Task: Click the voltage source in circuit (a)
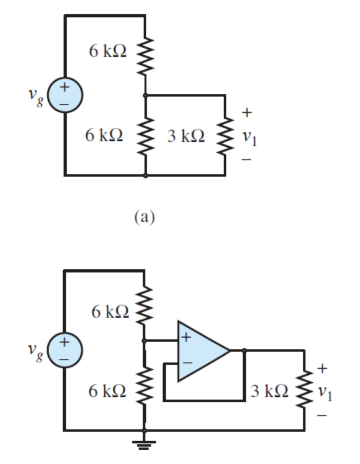pyautogui.click(x=65, y=95)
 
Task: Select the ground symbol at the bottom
pyautogui.click(x=144, y=444)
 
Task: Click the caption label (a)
pyautogui.click(x=144, y=217)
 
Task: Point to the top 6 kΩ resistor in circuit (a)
pyautogui.click(x=145, y=56)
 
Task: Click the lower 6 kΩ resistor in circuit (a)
pyautogui.click(x=145, y=135)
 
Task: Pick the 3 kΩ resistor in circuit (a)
pyautogui.click(x=225, y=135)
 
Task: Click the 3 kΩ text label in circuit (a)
pyautogui.click(x=186, y=136)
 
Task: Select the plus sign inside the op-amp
pyautogui.click(x=186, y=337)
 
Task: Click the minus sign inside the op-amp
pyautogui.click(x=187, y=363)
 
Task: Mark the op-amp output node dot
pyautogui.click(x=244, y=350)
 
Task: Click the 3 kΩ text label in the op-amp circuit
pyautogui.click(x=269, y=391)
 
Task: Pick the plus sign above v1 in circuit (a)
pyautogui.click(x=246, y=113)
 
